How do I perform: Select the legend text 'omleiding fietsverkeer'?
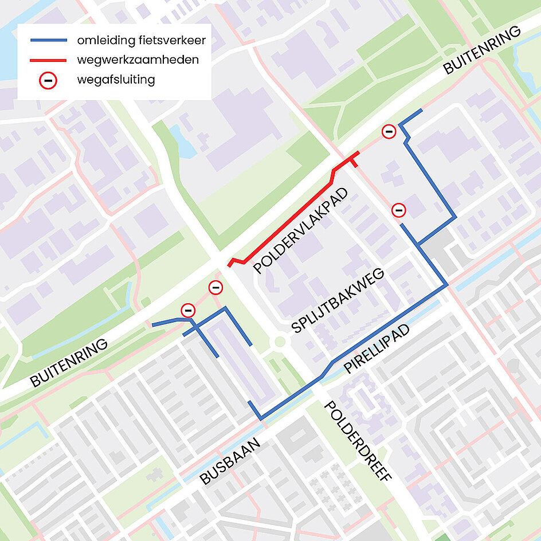141,41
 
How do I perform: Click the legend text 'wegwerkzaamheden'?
138,60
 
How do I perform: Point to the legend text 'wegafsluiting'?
116,80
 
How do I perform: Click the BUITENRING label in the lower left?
69,363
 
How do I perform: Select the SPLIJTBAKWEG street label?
337,300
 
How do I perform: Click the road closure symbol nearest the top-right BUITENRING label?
389,132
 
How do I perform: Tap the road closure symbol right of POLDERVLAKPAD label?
399,210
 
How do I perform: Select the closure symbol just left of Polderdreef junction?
215,287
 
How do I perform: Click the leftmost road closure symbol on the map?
188,311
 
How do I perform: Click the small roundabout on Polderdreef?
280,342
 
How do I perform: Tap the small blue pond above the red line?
182,141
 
